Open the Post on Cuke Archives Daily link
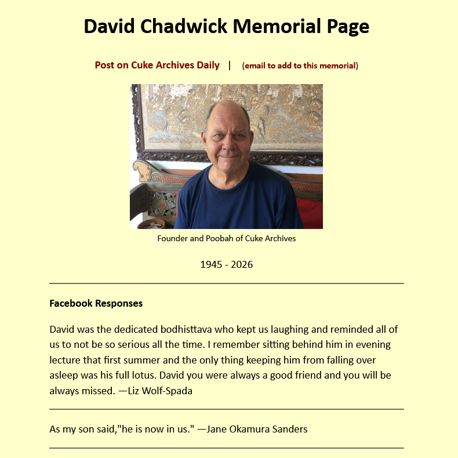pyautogui.click(x=157, y=66)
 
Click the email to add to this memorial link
pyautogui.click(x=300, y=66)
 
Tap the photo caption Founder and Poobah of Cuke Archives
pyautogui.click(x=226, y=238)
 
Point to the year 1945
pyautogui.click(x=211, y=265)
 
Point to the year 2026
pyautogui.click(x=242, y=265)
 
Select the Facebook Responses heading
pyautogui.click(x=96, y=303)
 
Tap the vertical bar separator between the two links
pyautogui.click(x=230, y=66)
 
